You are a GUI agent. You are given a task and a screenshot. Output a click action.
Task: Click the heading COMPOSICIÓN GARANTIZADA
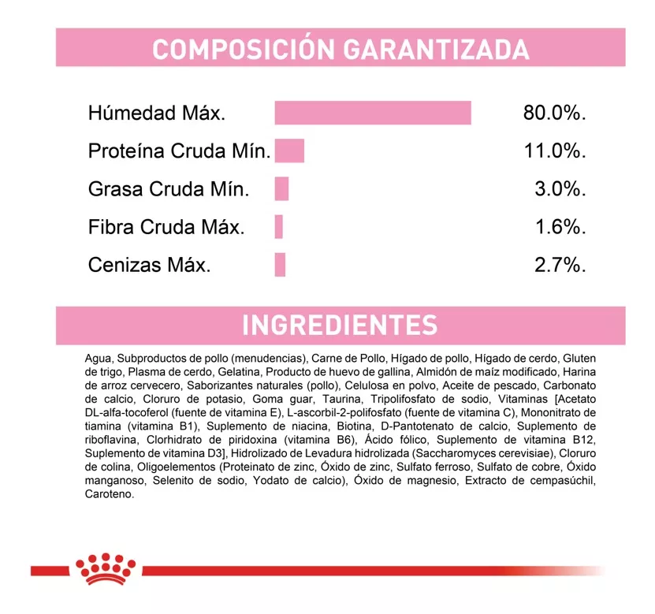click(341, 48)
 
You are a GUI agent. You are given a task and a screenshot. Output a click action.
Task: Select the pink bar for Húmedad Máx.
click(372, 113)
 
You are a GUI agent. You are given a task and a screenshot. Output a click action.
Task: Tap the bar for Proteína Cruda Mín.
click(289, 151)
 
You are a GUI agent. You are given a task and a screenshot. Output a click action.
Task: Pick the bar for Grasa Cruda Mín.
click(281, 189)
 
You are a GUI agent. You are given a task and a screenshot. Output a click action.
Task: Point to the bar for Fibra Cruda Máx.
click(278, 227)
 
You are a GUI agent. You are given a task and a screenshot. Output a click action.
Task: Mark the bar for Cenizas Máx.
click(280, 265)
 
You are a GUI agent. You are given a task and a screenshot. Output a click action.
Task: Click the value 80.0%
click(554, 113)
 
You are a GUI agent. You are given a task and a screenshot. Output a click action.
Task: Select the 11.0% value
click(555, 151)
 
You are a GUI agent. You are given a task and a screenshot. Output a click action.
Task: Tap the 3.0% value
click(560, 189)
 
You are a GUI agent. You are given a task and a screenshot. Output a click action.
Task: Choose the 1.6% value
click(560, 227)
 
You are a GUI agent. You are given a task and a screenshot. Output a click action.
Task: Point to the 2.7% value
click(560, 265)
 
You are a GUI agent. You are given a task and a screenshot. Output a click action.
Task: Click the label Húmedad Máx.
click(157, 113)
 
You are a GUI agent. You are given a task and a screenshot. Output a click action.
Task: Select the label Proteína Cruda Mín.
click(179, 151)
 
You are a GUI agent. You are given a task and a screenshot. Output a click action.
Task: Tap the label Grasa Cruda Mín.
click(169, 189)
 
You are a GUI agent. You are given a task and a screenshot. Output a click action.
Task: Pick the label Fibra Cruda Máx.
click(166, 227)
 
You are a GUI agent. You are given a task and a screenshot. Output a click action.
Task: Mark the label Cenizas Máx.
click(149, 265)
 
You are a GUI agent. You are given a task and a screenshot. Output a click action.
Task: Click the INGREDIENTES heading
click(340, 326)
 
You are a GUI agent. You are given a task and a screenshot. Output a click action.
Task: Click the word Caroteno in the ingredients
click(110, 494)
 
